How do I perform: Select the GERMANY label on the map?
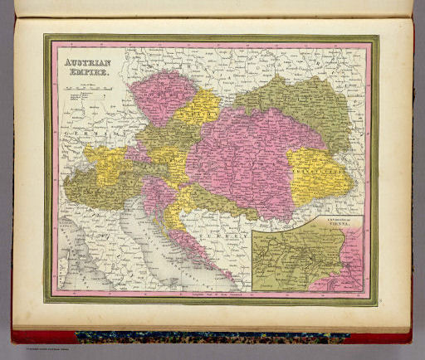(x=93, y=133)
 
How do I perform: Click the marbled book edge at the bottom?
(x=208, y=338)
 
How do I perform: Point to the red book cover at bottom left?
(x=33, y=336)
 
